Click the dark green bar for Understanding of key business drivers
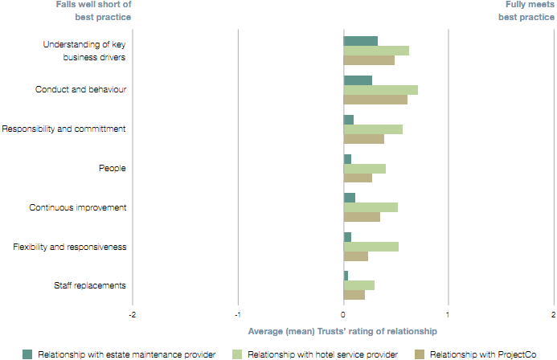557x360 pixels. pyautogui.click(x=360, y=41)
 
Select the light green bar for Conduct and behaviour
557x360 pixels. pyautogui.click(x=380, y=90)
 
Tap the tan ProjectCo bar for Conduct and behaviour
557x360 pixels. pyautogui.click(x=375, y=100)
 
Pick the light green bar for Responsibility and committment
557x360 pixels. pyautogui.click(x=373, y=129)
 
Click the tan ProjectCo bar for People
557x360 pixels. pyautogui.click(x=358, y=178)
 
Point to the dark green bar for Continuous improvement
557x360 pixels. pyautogui.click(x=350, y=198)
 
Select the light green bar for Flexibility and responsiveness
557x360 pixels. pyautogui.click(x=371, y=247)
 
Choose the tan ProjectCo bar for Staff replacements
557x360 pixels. pyautogui.click(x=354, y=295)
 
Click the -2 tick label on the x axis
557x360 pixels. pyautogui.click(x=132, y=314)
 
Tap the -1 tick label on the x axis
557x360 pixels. pyautogui.click(x=237, y=314)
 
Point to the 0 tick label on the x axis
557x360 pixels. pyautogui.click(x=343, y=314)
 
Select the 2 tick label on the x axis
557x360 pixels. pyautogui.click(x=553, y=314)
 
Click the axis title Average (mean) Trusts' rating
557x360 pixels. pyautogui.click(x=342, y=331)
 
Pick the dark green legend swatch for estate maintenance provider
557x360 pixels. pyautogui.click(x=27, y=354)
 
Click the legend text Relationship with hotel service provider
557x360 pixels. pyautogui.click(x=322, y=354)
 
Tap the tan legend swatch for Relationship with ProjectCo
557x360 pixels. pyautogui.click(x=419, y=354)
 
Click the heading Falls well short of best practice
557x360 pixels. pyautogui.click(x=94, y=10)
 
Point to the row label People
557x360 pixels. pyautogui.click(x=113, y=168)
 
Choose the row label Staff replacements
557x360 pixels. pyautogui.click(x=90, y=285)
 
